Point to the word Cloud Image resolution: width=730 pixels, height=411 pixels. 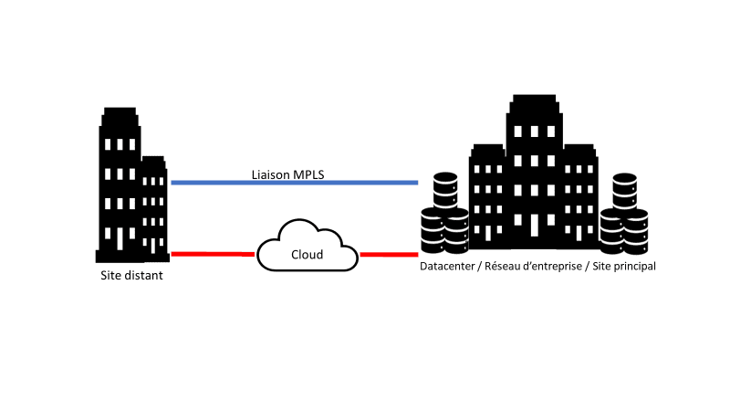pos(307,255)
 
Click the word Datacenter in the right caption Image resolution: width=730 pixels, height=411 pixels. pos(447,267)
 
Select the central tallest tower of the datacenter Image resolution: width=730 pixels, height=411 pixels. pos(535,164)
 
